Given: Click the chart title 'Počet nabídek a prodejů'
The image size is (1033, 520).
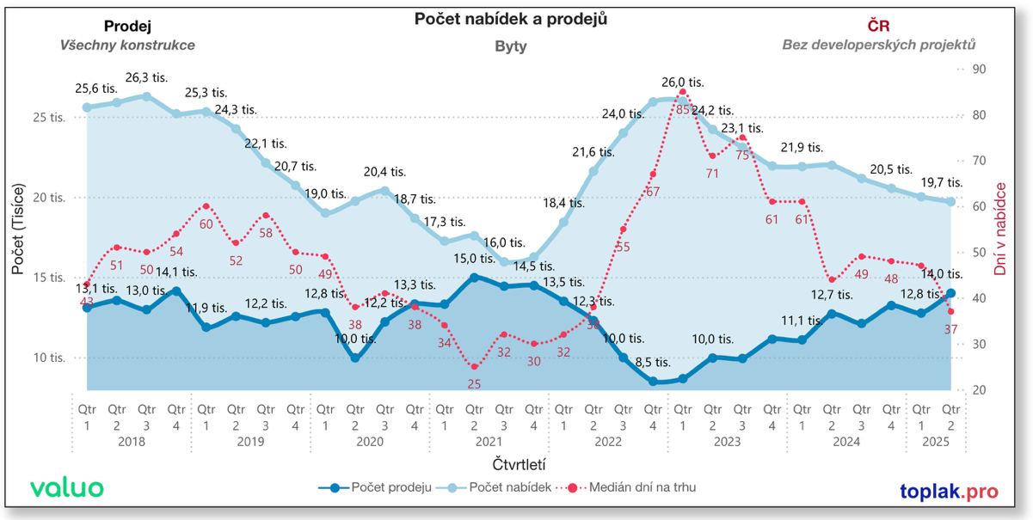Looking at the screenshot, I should tap(511, 19).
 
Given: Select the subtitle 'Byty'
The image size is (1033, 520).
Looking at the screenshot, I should tap(511, 46).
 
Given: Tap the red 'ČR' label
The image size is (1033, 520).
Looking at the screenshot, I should tap(878, 26).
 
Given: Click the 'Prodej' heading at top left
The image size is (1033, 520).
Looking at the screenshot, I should tap(127, 26).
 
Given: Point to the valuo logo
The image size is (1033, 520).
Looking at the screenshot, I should tap(67, 487).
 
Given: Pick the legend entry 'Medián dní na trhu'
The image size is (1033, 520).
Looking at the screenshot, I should tap(630, 488).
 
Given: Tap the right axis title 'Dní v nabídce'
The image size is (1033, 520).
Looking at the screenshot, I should tap(1000, 229).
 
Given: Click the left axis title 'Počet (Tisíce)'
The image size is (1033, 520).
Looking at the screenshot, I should tap(18, 229).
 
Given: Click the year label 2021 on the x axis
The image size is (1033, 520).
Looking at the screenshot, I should tap(488, 442).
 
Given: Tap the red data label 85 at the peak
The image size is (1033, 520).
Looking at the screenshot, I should tap(682, 109).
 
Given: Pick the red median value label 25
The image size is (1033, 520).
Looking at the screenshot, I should tap(474, 383).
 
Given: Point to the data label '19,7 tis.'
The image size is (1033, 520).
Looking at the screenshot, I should tap(942, 182).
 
